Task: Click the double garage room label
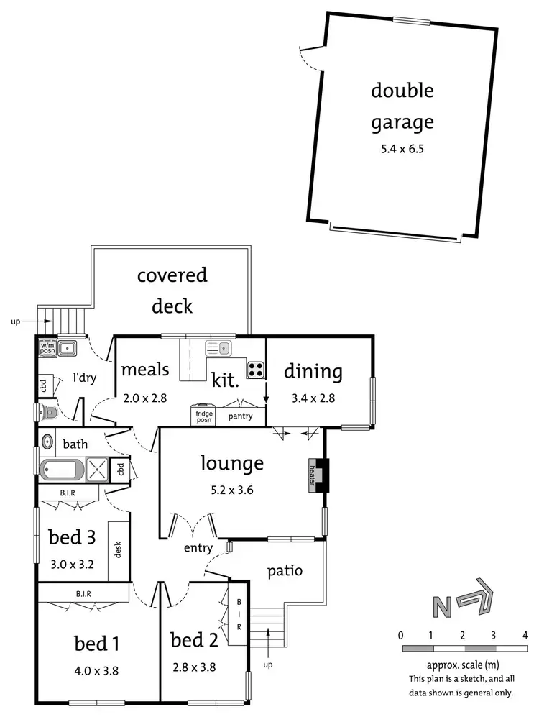(x=402, y=106)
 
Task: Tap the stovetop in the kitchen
(x=256, y=370)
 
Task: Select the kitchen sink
(x=218, y=349)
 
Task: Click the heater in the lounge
(x=313, y=475)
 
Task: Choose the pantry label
(x=239, y=416)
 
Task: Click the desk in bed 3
(x=118, y=550)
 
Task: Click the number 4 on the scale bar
(x=525, y=635)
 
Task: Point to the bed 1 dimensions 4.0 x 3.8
(x=96, y=670)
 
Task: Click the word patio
(x=285, y=571)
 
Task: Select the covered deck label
(x=172, y=290)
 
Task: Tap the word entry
(x=198, y=548)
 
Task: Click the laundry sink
(x=69, y=349)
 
